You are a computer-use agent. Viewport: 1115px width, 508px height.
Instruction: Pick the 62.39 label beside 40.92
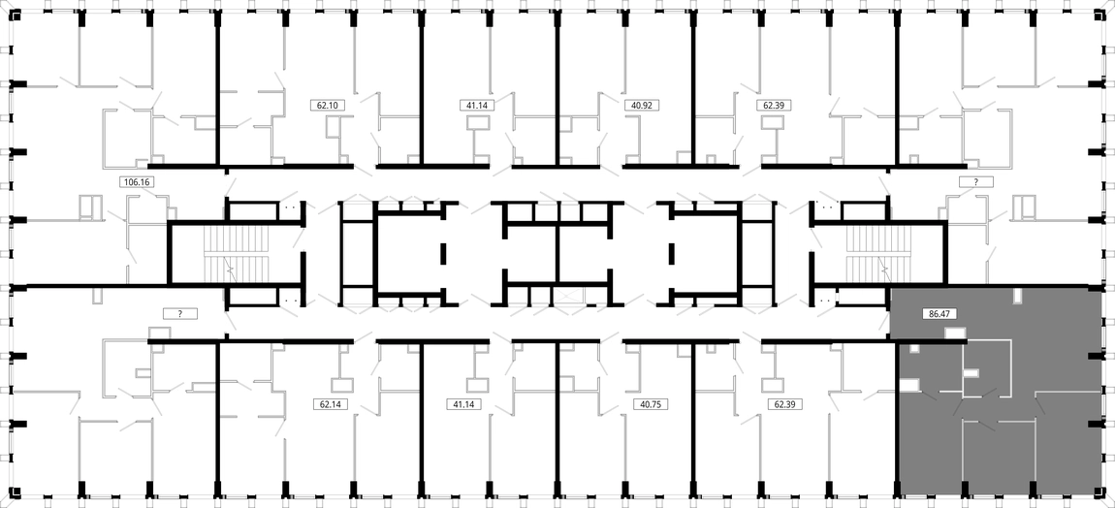(x=774, y=106)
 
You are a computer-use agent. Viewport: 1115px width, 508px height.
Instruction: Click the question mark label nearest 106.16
(x=180, y=313)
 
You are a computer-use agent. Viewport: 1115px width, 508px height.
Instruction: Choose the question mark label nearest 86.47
(x=976, y=182)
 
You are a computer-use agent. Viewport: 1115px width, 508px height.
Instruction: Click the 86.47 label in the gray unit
(x=937, y=312)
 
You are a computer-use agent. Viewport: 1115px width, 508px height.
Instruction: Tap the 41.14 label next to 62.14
(x=463, y=404)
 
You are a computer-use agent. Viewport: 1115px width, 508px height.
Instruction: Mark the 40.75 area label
(x=647, y=404)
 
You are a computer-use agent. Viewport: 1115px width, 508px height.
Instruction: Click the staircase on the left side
(x=237, y=255)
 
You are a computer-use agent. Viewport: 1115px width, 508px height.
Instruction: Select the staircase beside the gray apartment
(x=877, y=255)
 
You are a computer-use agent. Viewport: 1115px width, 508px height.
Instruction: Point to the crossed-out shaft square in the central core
(x=572, y=299)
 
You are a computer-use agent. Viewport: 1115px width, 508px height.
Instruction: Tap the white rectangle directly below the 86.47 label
(x=955, y=333)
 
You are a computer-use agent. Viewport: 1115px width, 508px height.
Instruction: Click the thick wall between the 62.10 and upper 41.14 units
(x=422, y=89)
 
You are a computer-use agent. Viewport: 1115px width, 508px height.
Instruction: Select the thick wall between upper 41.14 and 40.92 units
(x=557, y=89)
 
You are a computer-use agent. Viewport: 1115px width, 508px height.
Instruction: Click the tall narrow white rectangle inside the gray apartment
(x=1018, y=296)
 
